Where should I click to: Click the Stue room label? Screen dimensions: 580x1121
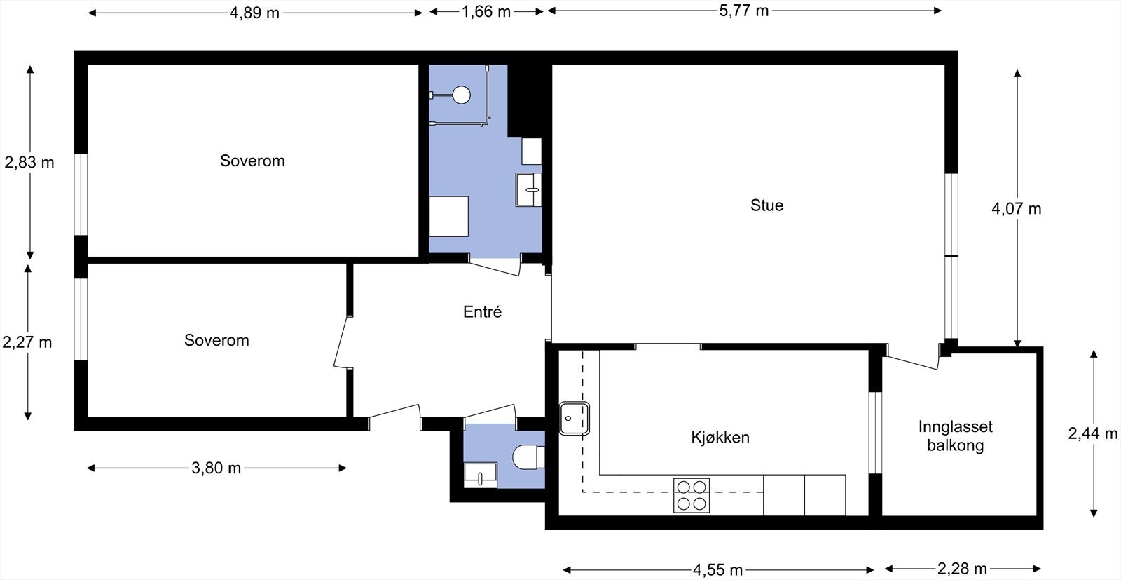(766, 205)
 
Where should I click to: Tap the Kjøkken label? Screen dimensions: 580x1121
(720, 438)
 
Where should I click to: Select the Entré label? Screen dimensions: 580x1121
(482, 312)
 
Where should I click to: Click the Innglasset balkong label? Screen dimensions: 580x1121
(955, 436)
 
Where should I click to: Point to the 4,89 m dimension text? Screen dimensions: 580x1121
(254, 13)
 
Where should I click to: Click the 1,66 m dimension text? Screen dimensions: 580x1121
(486, 12)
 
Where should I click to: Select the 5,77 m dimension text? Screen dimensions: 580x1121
(744, 11)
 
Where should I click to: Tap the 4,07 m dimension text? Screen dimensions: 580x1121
(1016, 208)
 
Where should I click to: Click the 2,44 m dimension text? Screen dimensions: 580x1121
(1092, 433)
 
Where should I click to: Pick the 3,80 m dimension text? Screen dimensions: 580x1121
(216, 468)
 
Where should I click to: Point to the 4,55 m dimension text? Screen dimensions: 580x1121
(717, 569)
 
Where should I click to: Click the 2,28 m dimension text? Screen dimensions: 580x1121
(962, 569)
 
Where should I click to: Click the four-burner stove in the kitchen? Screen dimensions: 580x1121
(692, 495)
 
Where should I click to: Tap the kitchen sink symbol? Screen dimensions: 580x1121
(575, 419)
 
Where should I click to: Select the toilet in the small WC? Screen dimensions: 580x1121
(528, 457)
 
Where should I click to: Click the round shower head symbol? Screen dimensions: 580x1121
(461, 95)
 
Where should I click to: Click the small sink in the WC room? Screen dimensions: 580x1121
(480, 475)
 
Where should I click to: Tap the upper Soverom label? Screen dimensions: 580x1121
(252, 161)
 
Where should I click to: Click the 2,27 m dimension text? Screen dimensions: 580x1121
(27, 342)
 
